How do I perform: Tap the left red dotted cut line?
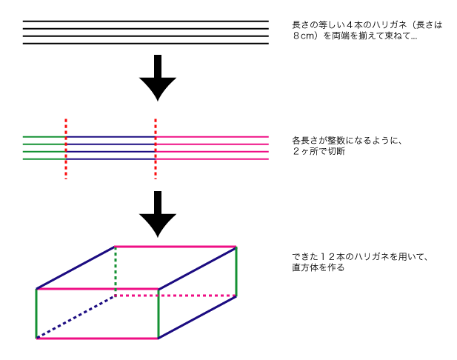point(66,148)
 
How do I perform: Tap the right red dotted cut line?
point(156,148)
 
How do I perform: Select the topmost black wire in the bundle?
point(145,21)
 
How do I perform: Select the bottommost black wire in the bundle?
point(145,44)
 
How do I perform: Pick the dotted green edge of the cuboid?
point(115,270)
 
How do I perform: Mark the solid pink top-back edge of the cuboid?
point(176,247)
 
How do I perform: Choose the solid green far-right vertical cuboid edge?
point(236,271)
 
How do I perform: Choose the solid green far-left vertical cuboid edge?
point(36,313)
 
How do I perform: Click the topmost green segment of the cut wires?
point(44,137)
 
